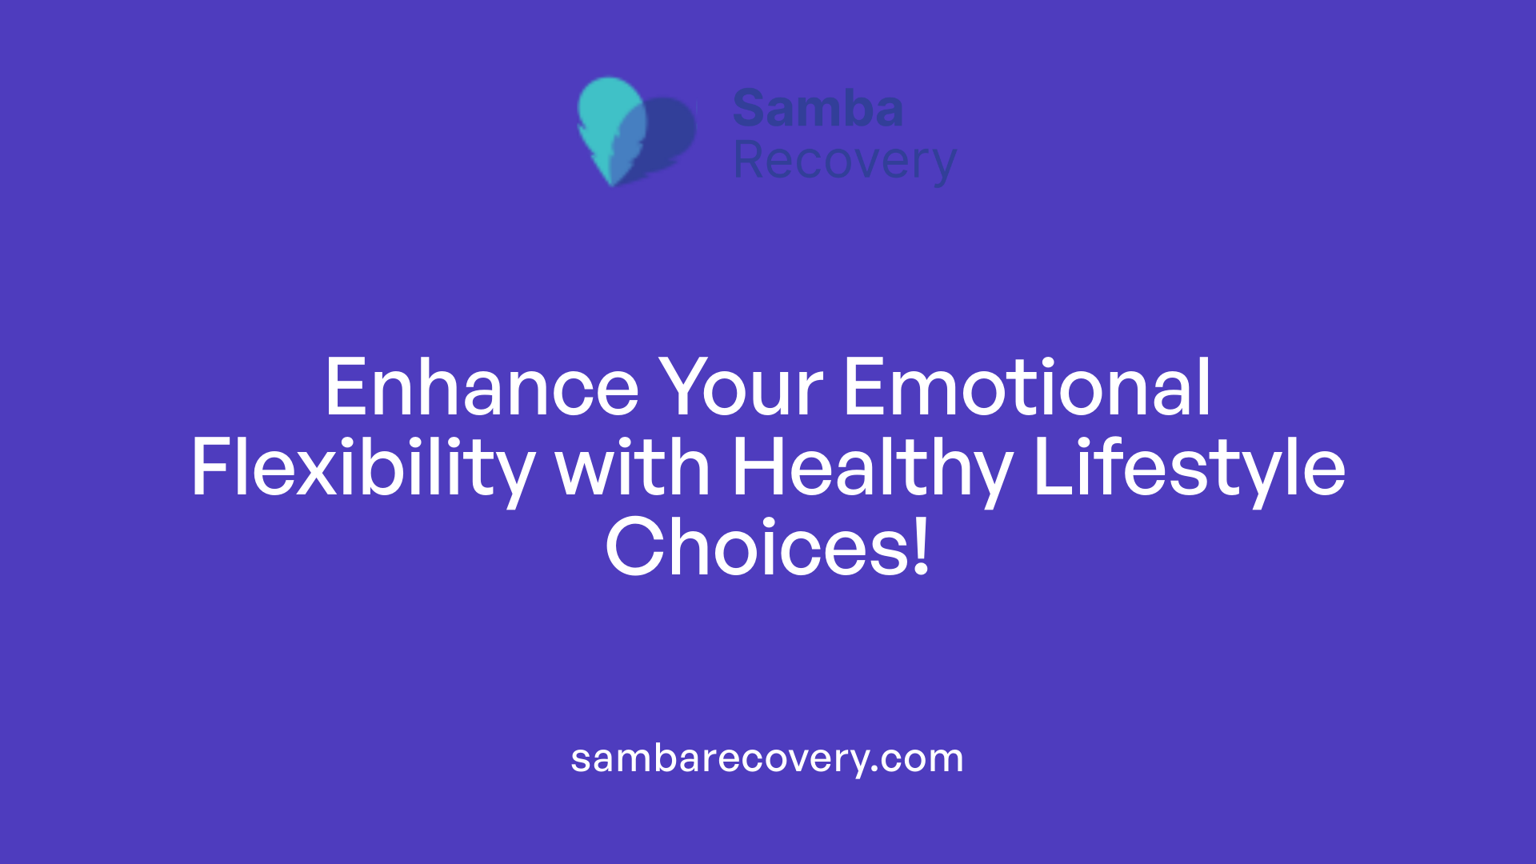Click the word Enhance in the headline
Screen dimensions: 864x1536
[x=481, y=388]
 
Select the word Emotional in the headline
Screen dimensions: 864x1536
[x=1027, y=388]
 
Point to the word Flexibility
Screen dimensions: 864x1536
[x=362, y=470]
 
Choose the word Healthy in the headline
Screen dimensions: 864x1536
[x=872, y=470]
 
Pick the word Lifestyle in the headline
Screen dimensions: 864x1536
[x=1189, y=470]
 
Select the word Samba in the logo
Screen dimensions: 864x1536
[x=818, y=109]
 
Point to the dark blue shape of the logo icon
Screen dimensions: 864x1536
[x=672, y=132]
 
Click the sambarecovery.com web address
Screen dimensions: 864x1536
[x=766, y=758]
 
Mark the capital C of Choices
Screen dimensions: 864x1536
[x=636, y=548]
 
